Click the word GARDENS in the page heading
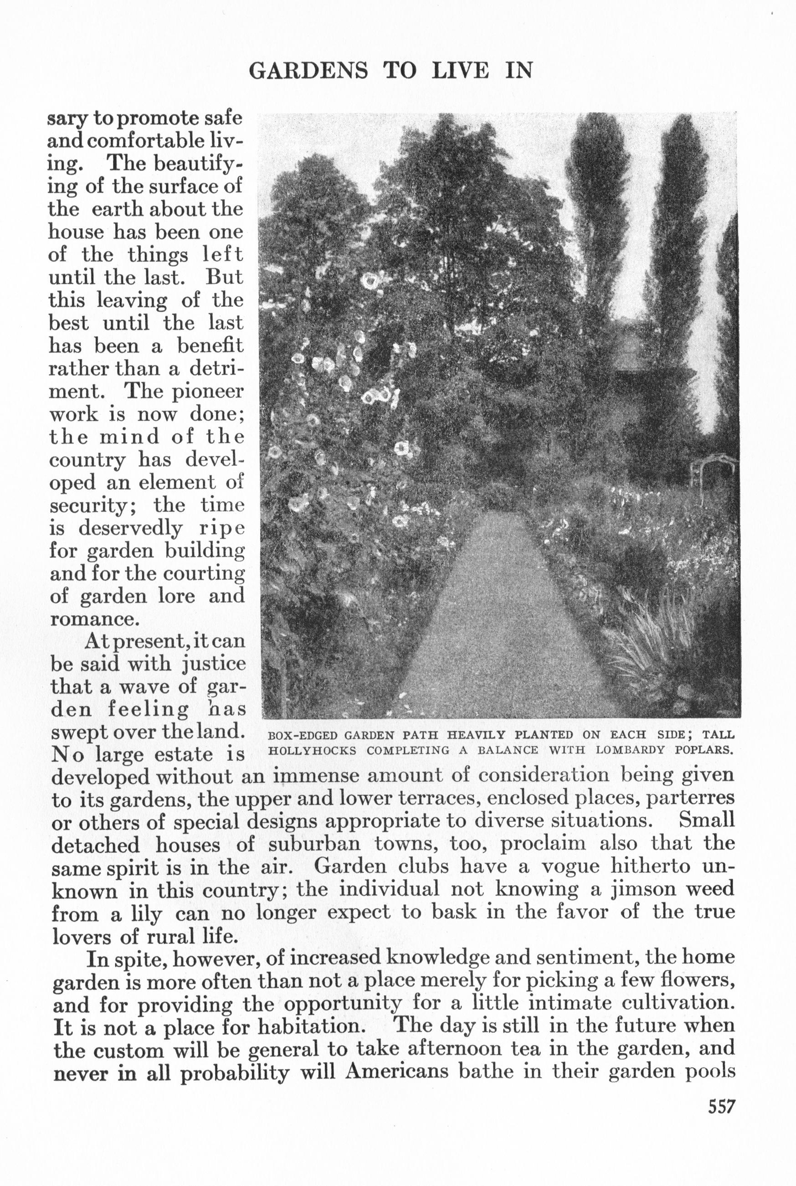tap(308, 71)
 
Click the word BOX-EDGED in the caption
tap(303, 735)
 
